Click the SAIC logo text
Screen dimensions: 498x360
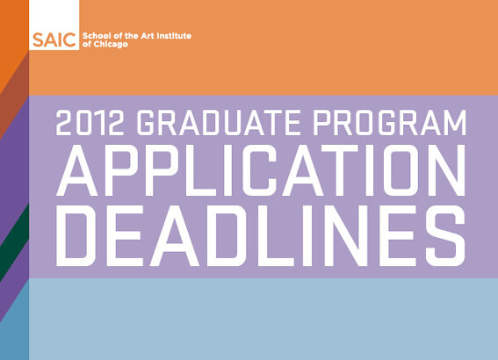pyautogui.click(x=54, y=40)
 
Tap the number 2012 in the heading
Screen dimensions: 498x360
pyautogui.click(x=90, y=123)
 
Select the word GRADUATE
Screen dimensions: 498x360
pyautogui.click(x=219, y=123)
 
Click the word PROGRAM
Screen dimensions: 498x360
pyautogui.click(x=390, y=123)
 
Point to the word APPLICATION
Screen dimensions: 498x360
pyautogui.click(x=261, y=170)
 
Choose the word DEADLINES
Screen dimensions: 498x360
pyautogui.click(x=261, y=235)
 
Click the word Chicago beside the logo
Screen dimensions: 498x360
pyautogui.click(x=111, y=44)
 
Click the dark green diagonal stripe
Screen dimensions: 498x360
pyautogui.click(x=14, y=242)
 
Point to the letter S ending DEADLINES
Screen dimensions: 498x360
pyautogui.click(x=445, y=235)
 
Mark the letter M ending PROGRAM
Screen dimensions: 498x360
pyautogui.click(x=454, y=123)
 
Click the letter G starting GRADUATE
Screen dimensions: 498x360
pyautogui.click(x=148, y=123)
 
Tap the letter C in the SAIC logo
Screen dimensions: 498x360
pyautogui.click(x=69, y=40)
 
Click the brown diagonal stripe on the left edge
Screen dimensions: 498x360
pyautogui.click(x=14, y=96)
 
